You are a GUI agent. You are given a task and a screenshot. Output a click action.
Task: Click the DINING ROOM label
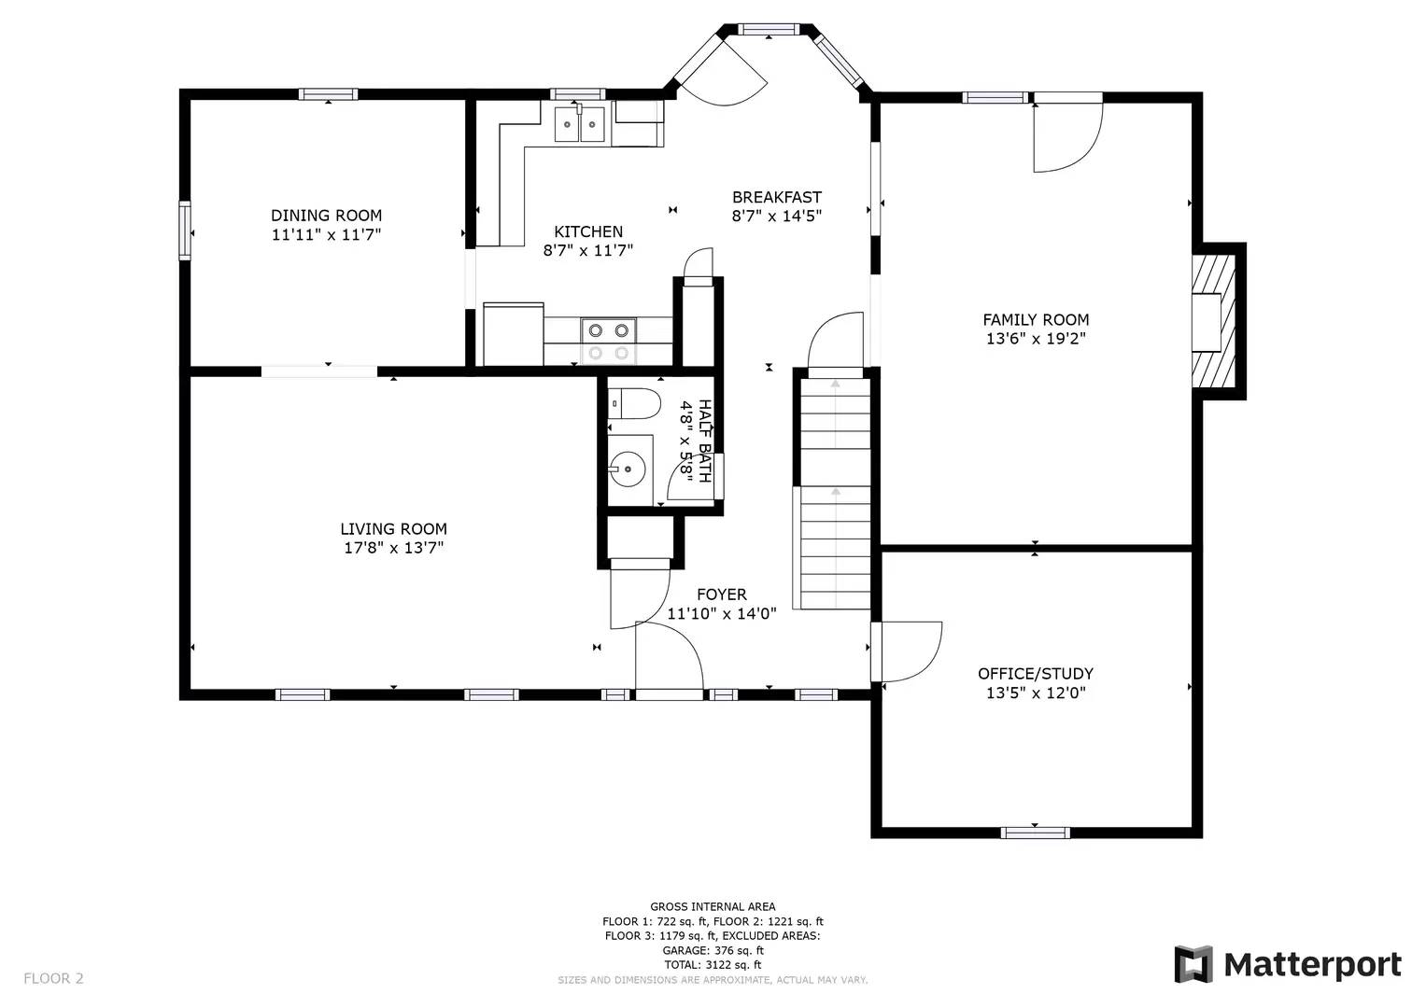(326, 216)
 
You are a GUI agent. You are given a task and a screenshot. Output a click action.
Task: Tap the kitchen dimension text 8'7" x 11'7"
(588, 250)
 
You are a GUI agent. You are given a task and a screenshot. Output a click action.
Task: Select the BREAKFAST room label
(776, 197)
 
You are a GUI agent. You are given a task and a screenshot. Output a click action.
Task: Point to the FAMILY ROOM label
(1036, 319)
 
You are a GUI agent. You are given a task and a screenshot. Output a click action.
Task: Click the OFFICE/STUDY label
(1036, 673)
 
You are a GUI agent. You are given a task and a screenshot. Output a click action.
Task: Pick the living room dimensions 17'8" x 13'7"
(393, 548)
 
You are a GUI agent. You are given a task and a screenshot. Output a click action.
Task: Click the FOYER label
(722, 595)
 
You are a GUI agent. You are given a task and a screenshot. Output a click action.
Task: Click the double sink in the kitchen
(580, 124)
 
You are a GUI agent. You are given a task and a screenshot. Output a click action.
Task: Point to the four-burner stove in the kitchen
(608, 341)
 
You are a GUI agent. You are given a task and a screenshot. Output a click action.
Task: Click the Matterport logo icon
(1193, 964)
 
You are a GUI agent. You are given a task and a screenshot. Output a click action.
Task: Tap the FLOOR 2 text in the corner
(53, 978)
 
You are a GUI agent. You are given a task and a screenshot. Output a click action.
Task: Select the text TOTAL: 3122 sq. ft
(713, 965)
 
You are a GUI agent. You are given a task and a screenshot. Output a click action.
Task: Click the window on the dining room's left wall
(185, 230)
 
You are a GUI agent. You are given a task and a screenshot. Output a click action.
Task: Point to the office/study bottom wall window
(1035, 833)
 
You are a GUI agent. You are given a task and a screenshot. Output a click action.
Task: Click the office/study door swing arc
(920, 653)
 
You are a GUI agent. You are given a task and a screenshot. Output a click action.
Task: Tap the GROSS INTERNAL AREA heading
(713, 906)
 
